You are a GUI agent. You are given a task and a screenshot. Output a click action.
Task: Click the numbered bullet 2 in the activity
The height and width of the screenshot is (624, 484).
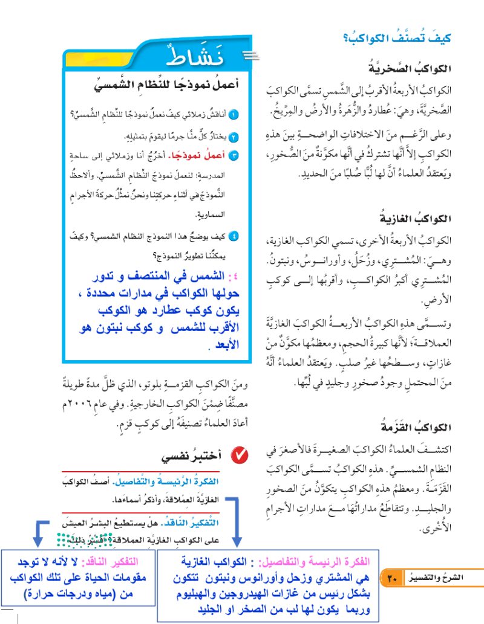(234, 137)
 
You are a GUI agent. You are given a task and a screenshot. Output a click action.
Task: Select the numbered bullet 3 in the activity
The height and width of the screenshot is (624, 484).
(234, 156)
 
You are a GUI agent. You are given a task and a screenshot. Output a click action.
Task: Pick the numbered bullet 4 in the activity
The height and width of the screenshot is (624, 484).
(234, 236)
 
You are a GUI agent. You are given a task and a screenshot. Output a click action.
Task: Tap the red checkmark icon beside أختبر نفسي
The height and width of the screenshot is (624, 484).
(238, 455)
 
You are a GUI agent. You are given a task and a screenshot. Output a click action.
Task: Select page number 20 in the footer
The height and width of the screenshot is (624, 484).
(391, 580)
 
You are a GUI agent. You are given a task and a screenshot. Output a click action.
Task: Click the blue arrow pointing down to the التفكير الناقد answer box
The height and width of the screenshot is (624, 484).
(38, 532)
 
